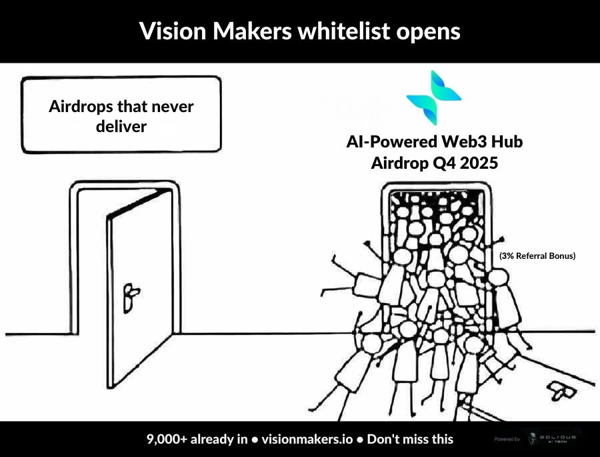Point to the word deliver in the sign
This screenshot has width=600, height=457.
[x=121, y=125]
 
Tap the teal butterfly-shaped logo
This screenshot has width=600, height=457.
[x=433, y=97]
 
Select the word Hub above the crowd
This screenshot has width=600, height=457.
[x=507, y=143]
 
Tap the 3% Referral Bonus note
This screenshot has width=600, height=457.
[x=537, y=256]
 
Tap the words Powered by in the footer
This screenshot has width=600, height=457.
[x=507, y=439]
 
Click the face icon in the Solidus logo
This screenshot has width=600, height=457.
[x=532, y=439]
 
